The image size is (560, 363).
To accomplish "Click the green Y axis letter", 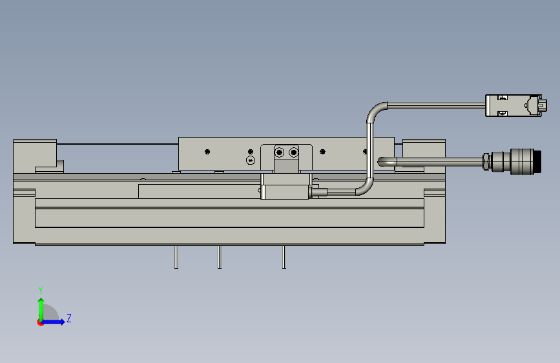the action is (41, 290).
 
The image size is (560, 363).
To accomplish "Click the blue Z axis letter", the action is (69, 318).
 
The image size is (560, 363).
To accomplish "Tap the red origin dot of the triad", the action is (40, 322).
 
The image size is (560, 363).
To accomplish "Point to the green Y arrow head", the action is (41, 300).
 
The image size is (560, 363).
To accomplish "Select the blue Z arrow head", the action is (62, 322).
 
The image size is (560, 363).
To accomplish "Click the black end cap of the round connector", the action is (538, 162).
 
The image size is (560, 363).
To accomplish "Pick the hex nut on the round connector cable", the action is (486, 161).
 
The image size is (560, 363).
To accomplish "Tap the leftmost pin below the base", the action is (176, 257).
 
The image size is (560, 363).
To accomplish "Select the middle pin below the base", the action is (220, 257).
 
